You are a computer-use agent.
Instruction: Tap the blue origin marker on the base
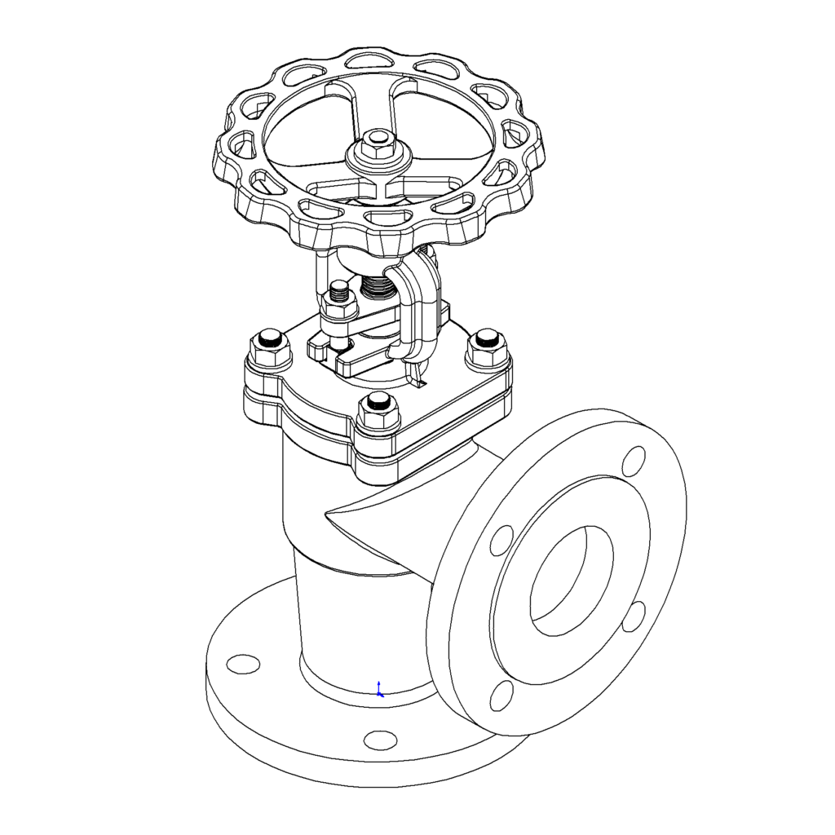[379, 690]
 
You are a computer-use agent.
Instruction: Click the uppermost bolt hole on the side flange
[633, 462]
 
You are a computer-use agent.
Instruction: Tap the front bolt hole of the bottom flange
[379, 740]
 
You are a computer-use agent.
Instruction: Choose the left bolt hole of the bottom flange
[242, 664]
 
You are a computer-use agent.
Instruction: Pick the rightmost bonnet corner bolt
[487, 346]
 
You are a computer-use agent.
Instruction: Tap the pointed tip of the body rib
[326, 513]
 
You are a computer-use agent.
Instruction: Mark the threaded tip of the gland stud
[338, 289]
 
